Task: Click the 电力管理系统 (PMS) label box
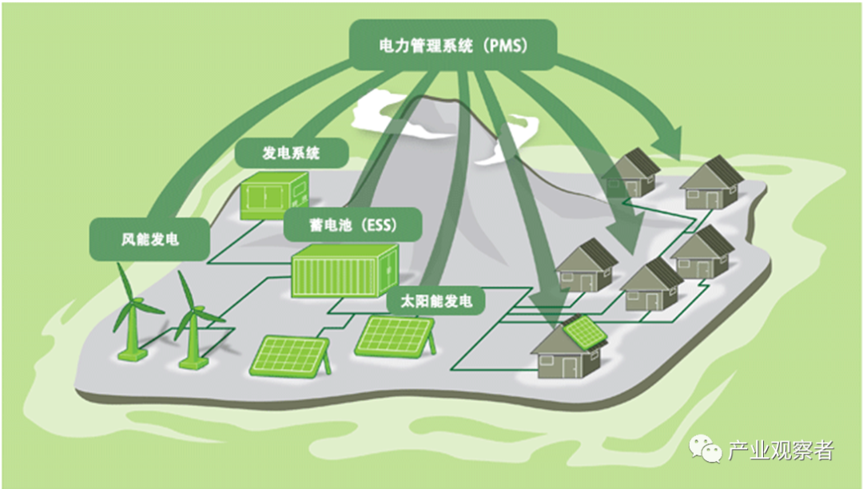click(x=451, y=46)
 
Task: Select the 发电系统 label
click(x=291, y=153)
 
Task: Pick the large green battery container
click(x=344, y=271)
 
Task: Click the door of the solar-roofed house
click(x=568, y=367)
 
